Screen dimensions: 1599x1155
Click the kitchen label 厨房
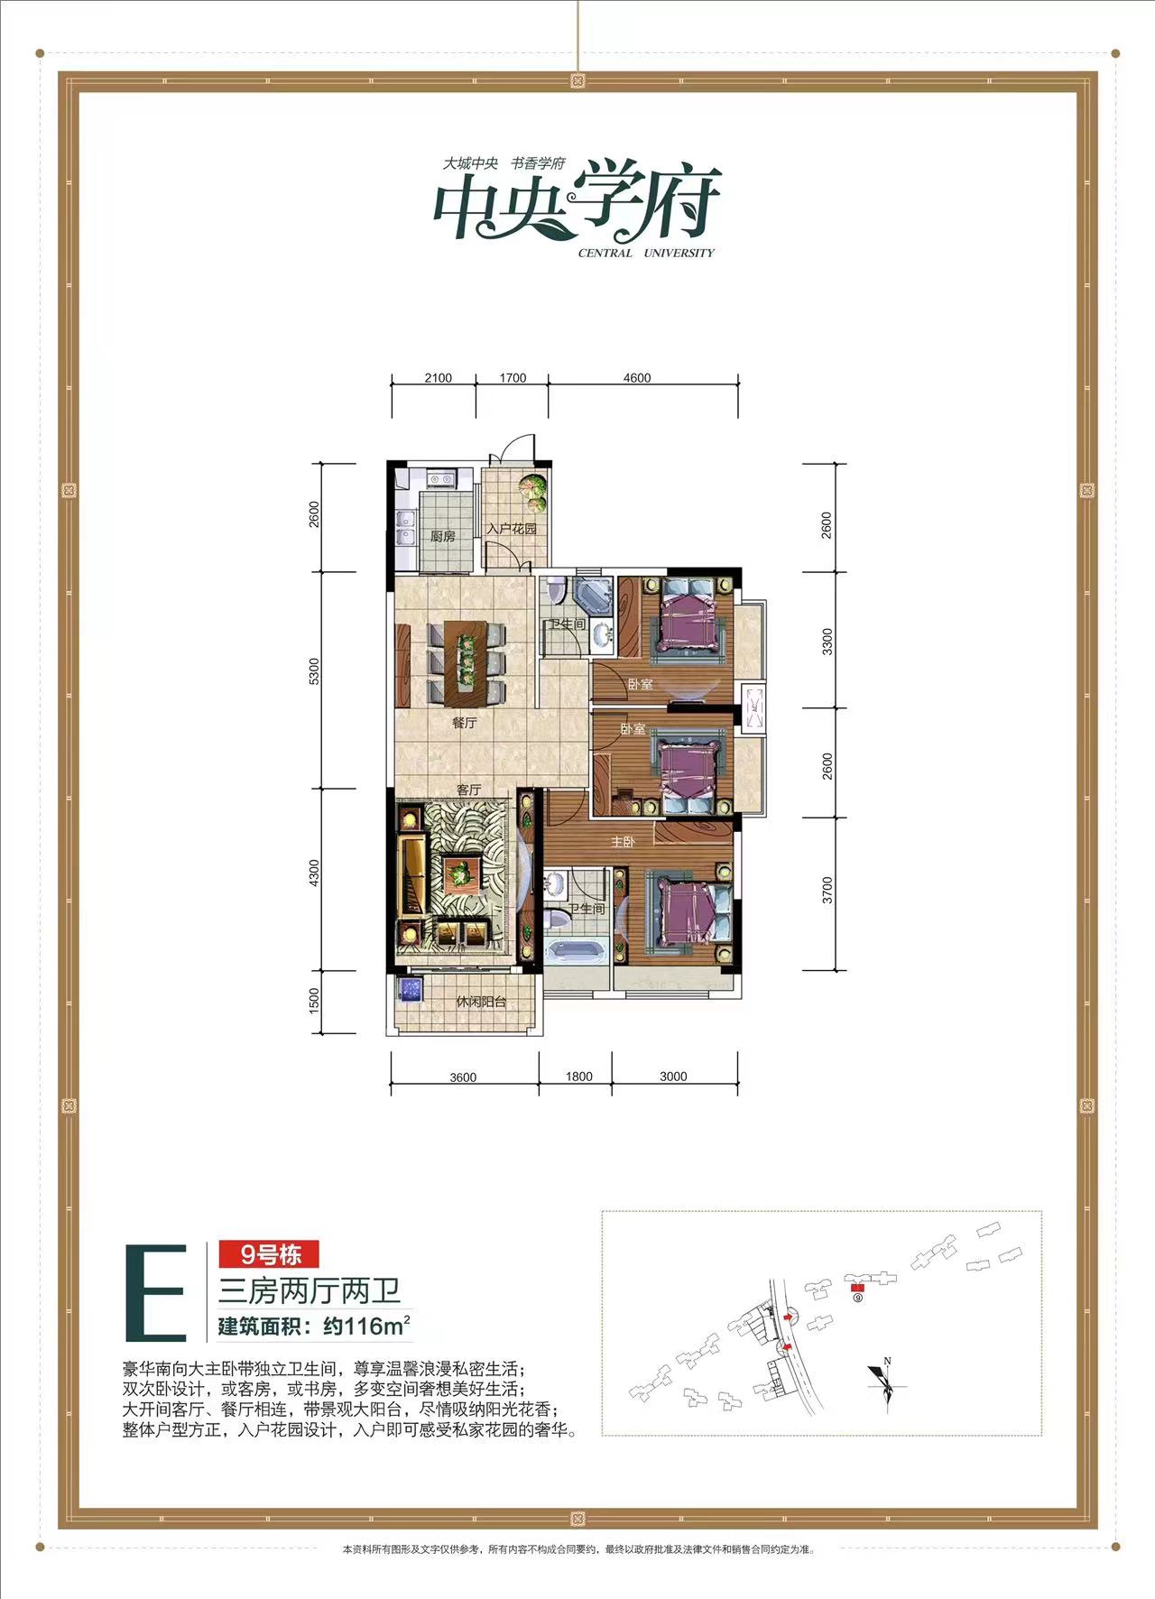coord(442,536)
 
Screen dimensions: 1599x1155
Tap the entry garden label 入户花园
coord(512,529)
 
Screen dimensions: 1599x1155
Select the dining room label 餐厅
coord(464,723)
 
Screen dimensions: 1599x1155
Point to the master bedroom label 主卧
coord(623,841)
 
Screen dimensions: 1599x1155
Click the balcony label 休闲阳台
coord(481,1002)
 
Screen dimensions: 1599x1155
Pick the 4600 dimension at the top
coord(637,378)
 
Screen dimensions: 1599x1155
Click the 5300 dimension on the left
coord(314,671)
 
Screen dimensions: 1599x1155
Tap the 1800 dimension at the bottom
coord(578,1077)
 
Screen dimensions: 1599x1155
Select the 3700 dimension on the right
coord(827,891)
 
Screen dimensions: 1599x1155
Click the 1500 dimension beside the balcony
coord(314,1000)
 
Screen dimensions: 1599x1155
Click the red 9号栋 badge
coord(269,1254)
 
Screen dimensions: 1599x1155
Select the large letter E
coord(155,1292)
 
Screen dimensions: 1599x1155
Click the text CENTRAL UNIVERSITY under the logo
coord(646,254)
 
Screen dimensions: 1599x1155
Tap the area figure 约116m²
coord(366,1326)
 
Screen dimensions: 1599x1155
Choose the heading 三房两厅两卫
coord(310,1290)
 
